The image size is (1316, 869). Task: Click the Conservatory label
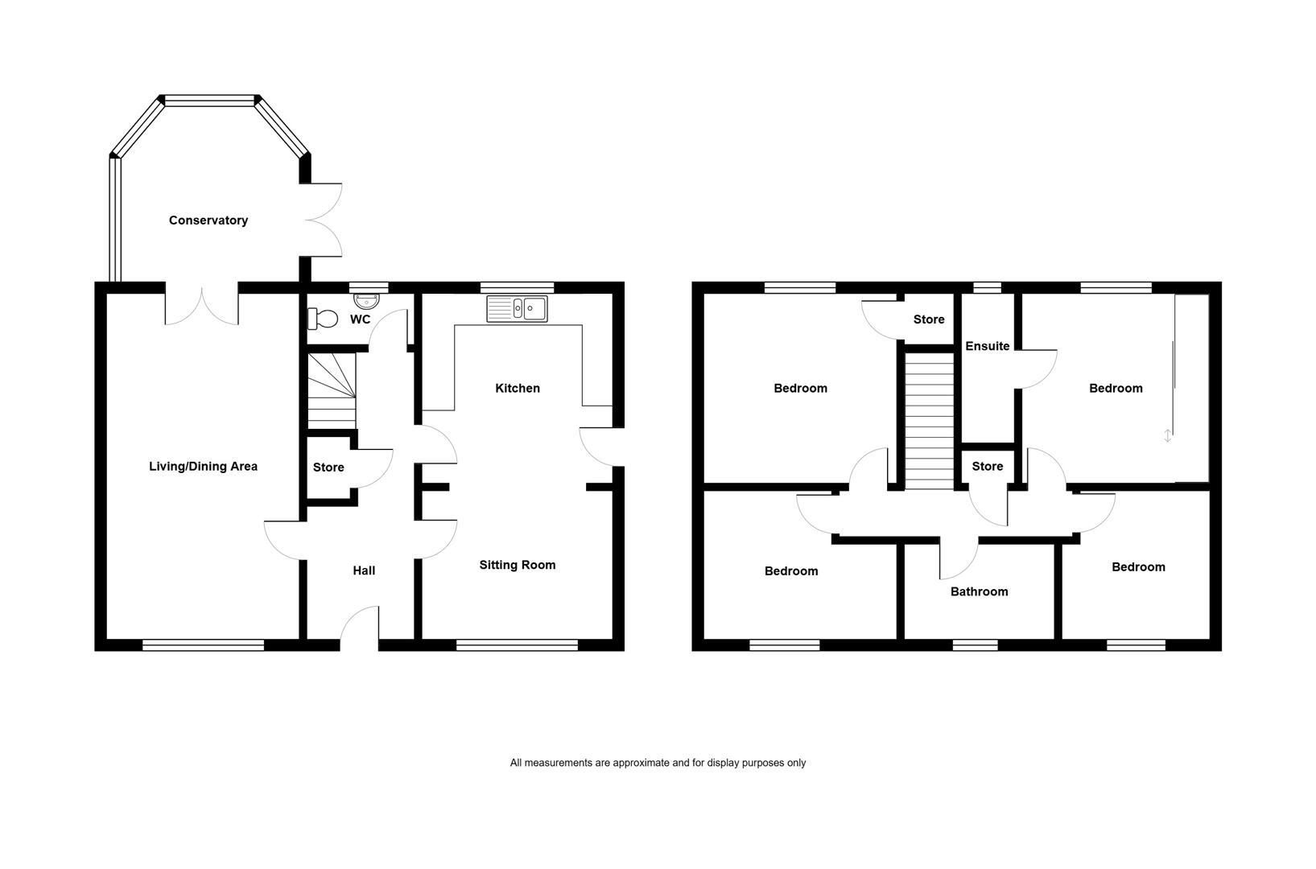(x=208, y=220)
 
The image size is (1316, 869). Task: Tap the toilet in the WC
(x=323, y=319)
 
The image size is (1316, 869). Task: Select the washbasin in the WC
(x=367, y=301)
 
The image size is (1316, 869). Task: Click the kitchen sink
(x=517, y=309)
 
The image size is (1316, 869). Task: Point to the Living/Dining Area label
(x=203, y=466)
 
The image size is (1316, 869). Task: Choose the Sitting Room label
(x=517, y=565)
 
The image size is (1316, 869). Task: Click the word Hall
(x=364, y=570)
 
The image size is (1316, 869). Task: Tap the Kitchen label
(x=517, y=388)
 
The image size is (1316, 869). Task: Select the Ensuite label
(x=987, y=346)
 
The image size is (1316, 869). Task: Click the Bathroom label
(x=980, y=591)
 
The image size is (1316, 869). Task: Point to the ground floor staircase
(x=332, y=390)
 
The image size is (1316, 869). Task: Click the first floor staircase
(x=929, y=420)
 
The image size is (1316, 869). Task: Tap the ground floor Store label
(x=328, y=467)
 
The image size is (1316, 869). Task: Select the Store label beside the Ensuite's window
(x=929, y=319)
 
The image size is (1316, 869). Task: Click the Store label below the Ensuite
(x=987, y=466)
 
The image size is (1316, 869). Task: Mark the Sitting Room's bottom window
(x=517, y=645)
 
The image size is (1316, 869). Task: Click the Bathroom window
(x=976, y=645)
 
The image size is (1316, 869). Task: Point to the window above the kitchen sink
(x=517, y=288)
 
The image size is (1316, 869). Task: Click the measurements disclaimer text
(x=658, y=763)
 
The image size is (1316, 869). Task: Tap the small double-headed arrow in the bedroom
(x=1167, y=435)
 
